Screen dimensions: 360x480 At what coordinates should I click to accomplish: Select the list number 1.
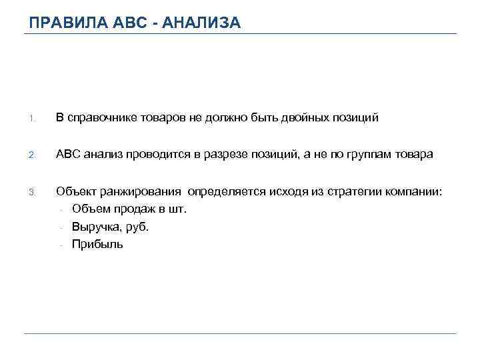[31, 119]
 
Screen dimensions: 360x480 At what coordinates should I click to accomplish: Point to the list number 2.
[31, 155]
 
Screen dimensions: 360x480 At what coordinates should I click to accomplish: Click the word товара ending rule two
[415, 155]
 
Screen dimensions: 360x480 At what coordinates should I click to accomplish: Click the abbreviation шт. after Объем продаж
[179, 209]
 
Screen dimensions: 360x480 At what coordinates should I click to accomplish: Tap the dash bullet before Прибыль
[61, 245]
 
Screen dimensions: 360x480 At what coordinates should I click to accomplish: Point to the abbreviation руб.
[137, 227]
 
